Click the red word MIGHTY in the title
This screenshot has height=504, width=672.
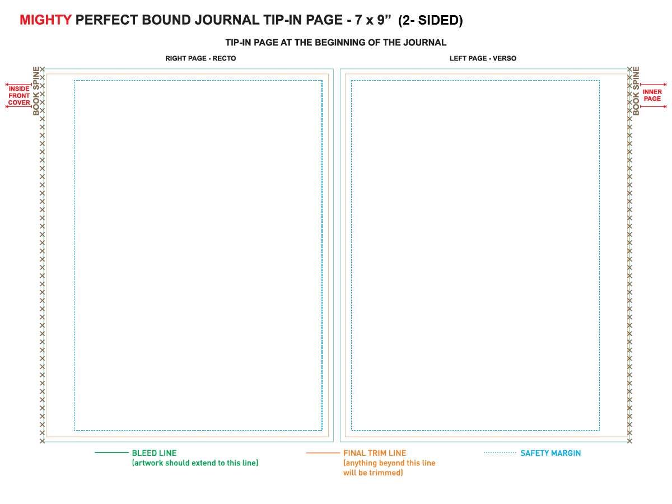(x=45, y=20)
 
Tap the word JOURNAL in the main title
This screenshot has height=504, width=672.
(x=227, y=20)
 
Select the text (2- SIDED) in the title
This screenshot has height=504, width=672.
(x=431, y=21)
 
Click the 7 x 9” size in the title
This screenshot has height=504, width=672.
(x=373, y=20)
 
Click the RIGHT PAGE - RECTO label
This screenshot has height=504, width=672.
(x=200, y=58)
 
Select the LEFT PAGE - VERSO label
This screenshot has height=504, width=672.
(x=483, y=58)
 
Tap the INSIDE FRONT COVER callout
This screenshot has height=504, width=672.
(x=19, y=95)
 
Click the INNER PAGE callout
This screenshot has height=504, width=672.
(x=652, y=95)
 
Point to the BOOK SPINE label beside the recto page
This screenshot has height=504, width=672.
(x=36, y=91)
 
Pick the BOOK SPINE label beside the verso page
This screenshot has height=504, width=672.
(x=636, y=91)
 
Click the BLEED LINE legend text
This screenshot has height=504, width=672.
(x=155, y=453)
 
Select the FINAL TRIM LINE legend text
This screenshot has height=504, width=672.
(x=375, y=453)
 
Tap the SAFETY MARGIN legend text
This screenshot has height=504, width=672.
(x=550, y=453)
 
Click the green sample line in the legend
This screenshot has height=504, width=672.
(x=112, y=452)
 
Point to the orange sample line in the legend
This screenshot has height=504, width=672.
(x=323, y=453)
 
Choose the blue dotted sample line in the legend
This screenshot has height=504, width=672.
(x=500, y=453)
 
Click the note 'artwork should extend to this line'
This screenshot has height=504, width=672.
(x=195, y=463)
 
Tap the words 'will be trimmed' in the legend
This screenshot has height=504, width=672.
(x=373, y=473)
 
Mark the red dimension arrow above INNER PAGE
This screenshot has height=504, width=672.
(x=653, y=85)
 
